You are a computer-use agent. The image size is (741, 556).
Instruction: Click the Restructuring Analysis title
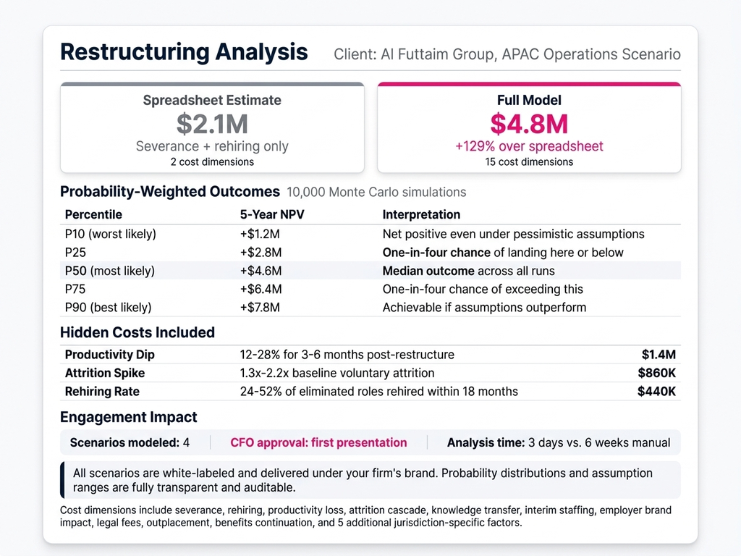point(184,52)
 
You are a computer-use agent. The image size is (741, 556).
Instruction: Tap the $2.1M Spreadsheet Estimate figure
point(212,125)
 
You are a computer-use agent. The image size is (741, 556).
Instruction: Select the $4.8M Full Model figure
point(529,125)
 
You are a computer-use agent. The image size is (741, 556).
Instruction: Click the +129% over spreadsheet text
point(529,146)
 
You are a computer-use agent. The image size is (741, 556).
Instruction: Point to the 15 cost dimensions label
point(529,161)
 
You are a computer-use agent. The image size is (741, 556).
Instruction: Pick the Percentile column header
point(93,214)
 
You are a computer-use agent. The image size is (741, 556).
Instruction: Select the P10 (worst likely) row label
point(110,234)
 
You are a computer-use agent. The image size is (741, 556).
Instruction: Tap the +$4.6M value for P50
point(261,271)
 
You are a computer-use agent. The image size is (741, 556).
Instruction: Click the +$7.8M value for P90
point(261,308)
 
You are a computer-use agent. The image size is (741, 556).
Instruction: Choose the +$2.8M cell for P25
point(261,252)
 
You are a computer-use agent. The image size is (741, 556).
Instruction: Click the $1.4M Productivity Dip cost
point(658,355)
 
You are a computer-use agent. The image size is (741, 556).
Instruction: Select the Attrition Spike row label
point(105,373)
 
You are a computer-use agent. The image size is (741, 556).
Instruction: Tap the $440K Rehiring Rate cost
point(656,392)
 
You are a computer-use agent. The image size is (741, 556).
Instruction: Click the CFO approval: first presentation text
point(318,442)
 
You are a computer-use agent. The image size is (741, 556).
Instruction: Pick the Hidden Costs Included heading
point(137,332)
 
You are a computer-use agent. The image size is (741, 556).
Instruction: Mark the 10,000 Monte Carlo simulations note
point(376,193)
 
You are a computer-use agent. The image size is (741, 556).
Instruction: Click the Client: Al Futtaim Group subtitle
point(507,54)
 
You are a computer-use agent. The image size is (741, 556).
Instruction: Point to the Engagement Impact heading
point(129,417)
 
